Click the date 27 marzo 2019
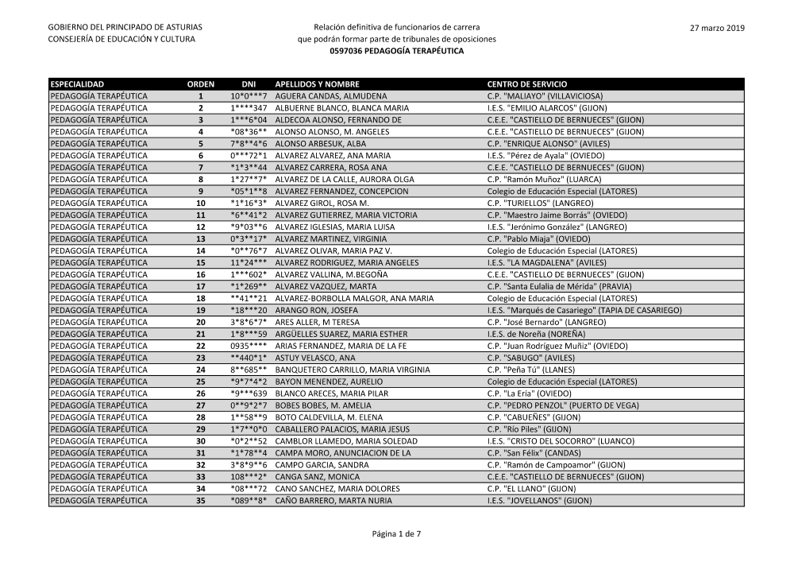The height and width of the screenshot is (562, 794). (x=718, y=28)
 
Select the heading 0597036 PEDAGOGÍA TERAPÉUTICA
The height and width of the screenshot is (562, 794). (x=396, y=51)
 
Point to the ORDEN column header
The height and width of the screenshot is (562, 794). (x=200, y=83)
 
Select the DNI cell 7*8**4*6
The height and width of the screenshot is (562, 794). (x=249, y=143)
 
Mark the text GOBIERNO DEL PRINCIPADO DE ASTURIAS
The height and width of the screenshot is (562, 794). (x=125, y=28)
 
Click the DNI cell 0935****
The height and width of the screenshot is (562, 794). (x=249, y=346)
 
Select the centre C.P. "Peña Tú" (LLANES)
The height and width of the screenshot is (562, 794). (x=532, y=370)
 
